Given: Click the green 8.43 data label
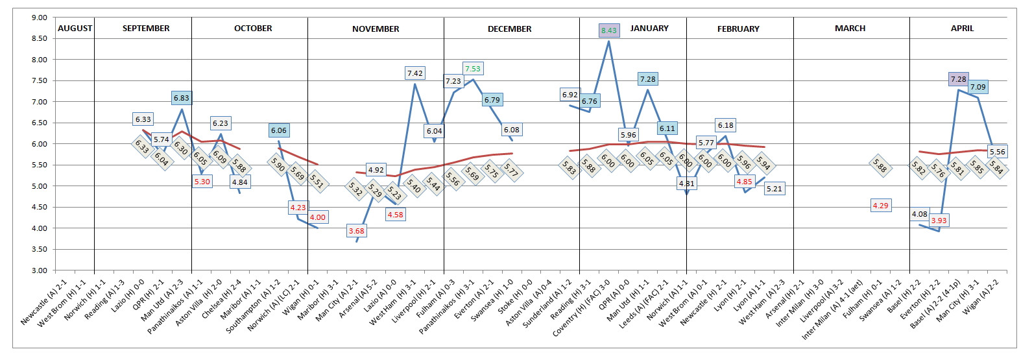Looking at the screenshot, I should point(608,30).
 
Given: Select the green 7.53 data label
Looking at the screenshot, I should point(472,69).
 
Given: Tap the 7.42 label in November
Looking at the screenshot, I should point(414,73).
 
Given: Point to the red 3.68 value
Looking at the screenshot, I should point(356,231).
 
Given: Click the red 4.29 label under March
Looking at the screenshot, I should point(880,206).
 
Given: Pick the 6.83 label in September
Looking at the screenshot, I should point(182,98).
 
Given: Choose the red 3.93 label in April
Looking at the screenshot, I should point(939,221).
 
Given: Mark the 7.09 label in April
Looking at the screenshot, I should point(978,87).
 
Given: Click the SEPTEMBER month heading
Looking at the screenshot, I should point(146,29).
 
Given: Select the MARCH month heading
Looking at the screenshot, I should point(850,29).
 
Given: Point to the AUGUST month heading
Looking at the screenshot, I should point(75,29).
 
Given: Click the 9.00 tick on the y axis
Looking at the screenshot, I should point(40,18).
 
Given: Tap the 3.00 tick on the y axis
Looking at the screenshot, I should point(40,270).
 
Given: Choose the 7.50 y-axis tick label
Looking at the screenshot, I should point(40,80).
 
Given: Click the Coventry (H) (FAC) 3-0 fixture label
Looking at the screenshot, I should point(582,309).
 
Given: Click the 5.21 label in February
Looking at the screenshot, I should point(774,189).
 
